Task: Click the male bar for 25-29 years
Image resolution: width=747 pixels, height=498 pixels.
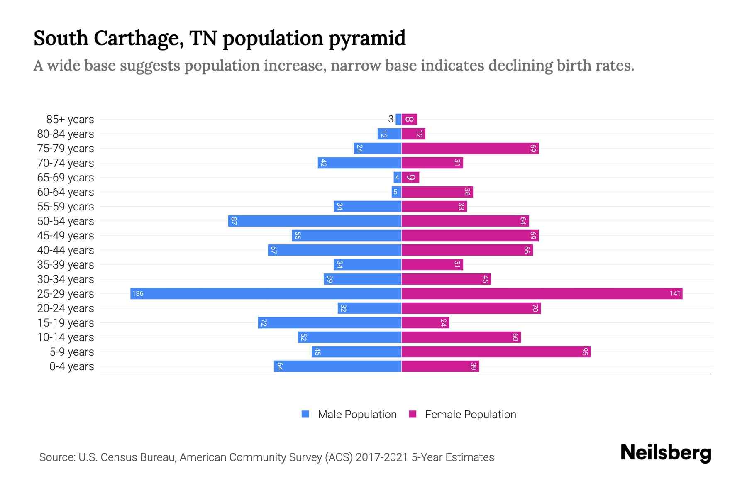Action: [x=266, y=294]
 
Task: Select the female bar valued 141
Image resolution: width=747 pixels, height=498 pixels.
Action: [x=542, y=294]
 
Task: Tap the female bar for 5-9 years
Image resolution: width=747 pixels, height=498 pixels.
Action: [x=496, y=352]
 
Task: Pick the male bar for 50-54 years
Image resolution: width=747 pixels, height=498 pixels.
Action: [x=315, y=221]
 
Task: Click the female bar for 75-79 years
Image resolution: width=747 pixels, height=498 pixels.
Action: [x=470, y=149]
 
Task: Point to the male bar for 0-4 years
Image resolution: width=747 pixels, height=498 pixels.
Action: [x=337, y=366]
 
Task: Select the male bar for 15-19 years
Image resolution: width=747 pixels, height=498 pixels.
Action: [x=330, y=323]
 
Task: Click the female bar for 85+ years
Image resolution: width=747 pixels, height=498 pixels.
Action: [x=409, y=120]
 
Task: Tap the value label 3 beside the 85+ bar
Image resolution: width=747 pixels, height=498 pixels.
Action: [x=391, y=120]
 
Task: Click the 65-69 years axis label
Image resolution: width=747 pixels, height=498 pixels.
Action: [x=66, y=178]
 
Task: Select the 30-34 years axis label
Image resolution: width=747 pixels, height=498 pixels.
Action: [x=66, y=279]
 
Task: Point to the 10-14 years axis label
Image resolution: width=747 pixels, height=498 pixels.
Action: [x=66, y=337]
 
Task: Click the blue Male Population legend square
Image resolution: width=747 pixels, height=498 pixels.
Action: [x=305, y=414]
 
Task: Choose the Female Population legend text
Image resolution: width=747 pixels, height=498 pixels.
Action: [x=470, y=415]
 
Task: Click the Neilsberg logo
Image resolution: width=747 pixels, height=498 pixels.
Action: [x=666, y=453]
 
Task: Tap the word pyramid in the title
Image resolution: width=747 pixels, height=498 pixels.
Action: [x=367, y=39]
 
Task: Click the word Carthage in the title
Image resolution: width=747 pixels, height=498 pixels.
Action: [x=139, y=39]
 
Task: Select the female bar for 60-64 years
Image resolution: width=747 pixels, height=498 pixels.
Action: [x=437, y=192]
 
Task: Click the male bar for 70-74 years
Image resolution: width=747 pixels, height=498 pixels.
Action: [x=359, y=163]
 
